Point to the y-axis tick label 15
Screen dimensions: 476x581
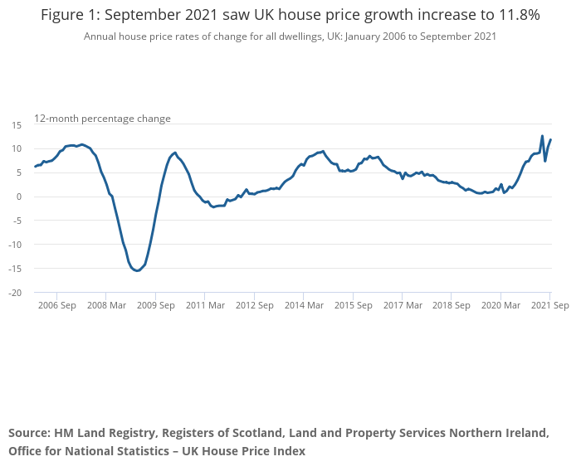[x=15, y=124]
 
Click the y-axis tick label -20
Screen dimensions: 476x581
[x=14, y=293]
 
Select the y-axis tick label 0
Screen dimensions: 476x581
[x=18, y=197]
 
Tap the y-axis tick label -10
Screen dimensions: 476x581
[x=14, y=245]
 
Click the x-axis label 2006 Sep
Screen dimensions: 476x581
[x=56, y=305]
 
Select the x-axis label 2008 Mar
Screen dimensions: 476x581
[x=105, y=305]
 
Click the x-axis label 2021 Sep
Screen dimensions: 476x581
[x=549, y=305]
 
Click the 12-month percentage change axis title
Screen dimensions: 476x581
[x=102, y=119]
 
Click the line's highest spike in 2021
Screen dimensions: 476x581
[x=542, y=136]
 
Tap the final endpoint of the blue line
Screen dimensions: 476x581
[x=550, y=139]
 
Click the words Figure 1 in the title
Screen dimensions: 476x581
[x=71, y=15]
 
